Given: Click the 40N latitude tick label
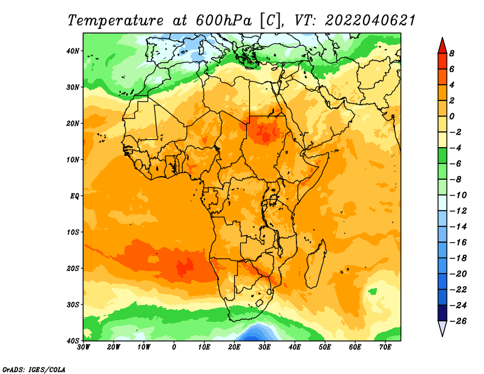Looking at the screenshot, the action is click(73, 51).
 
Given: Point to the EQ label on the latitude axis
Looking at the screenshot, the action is click(74, 196).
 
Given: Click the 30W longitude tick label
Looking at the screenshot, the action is click(83, 347).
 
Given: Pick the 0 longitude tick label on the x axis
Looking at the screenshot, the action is click(174, 347).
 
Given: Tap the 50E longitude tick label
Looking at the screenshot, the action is click(325, 347).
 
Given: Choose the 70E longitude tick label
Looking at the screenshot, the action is click(385, 347).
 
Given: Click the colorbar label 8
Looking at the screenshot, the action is click(452, 53).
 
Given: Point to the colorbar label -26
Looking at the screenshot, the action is click(458, 321).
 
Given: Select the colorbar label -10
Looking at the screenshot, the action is click(458, 195).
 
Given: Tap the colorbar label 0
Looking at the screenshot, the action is click(452, 116).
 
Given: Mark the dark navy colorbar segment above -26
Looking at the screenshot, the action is click(442, 313).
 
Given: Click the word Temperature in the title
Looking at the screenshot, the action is click(115, 21).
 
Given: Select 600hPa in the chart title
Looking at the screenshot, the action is click(224, 21).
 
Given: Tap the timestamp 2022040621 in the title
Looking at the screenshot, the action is click(370, 21).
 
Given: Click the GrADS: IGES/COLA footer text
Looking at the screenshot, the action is click(34, 370).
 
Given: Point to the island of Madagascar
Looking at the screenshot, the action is click(315, 263).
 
